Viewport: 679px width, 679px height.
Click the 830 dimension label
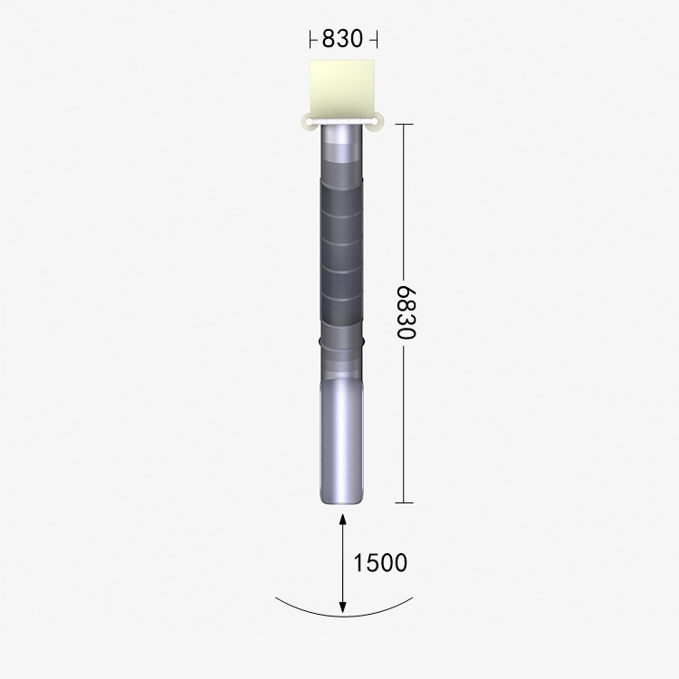click(342, 39)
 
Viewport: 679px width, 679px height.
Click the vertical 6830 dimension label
click(406, 312)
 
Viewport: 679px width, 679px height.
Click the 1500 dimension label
click(380, 562)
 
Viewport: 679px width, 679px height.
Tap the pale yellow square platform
click(342, 90)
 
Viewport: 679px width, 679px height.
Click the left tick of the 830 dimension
click(311, 39)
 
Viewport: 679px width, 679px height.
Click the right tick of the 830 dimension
click(377, 39)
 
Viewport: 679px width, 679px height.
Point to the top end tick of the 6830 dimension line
click(405, 124)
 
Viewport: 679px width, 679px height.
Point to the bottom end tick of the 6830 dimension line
click(405, 502)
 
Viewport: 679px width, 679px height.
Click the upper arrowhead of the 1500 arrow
click(342, 519)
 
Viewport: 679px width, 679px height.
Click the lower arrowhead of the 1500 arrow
click(342, 608)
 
